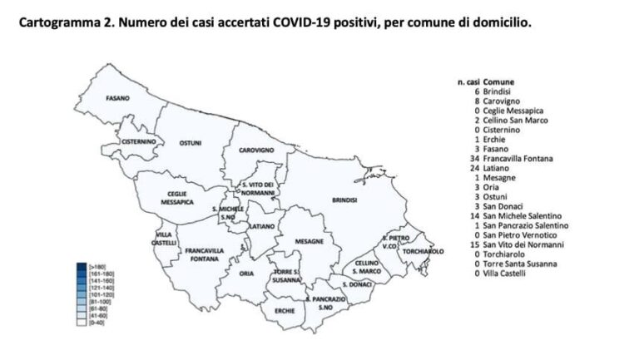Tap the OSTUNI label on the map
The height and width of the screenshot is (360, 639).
(x=191, y=144)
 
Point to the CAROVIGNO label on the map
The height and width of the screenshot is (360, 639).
(x=259, y=150)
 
